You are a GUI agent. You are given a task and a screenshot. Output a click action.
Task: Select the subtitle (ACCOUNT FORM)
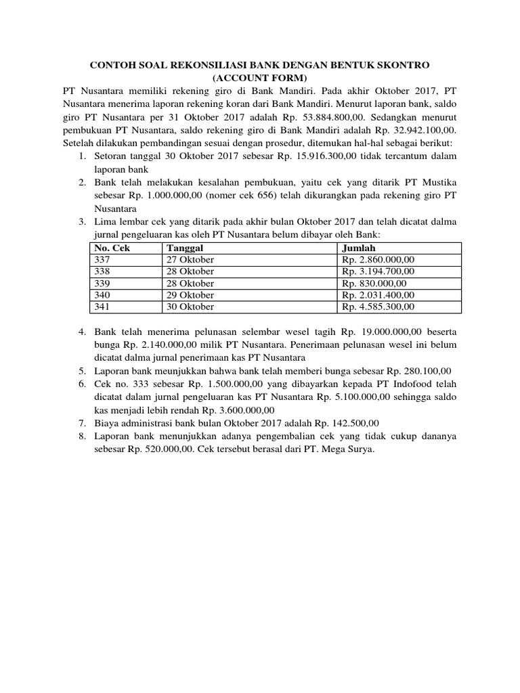tap(259, 78)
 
